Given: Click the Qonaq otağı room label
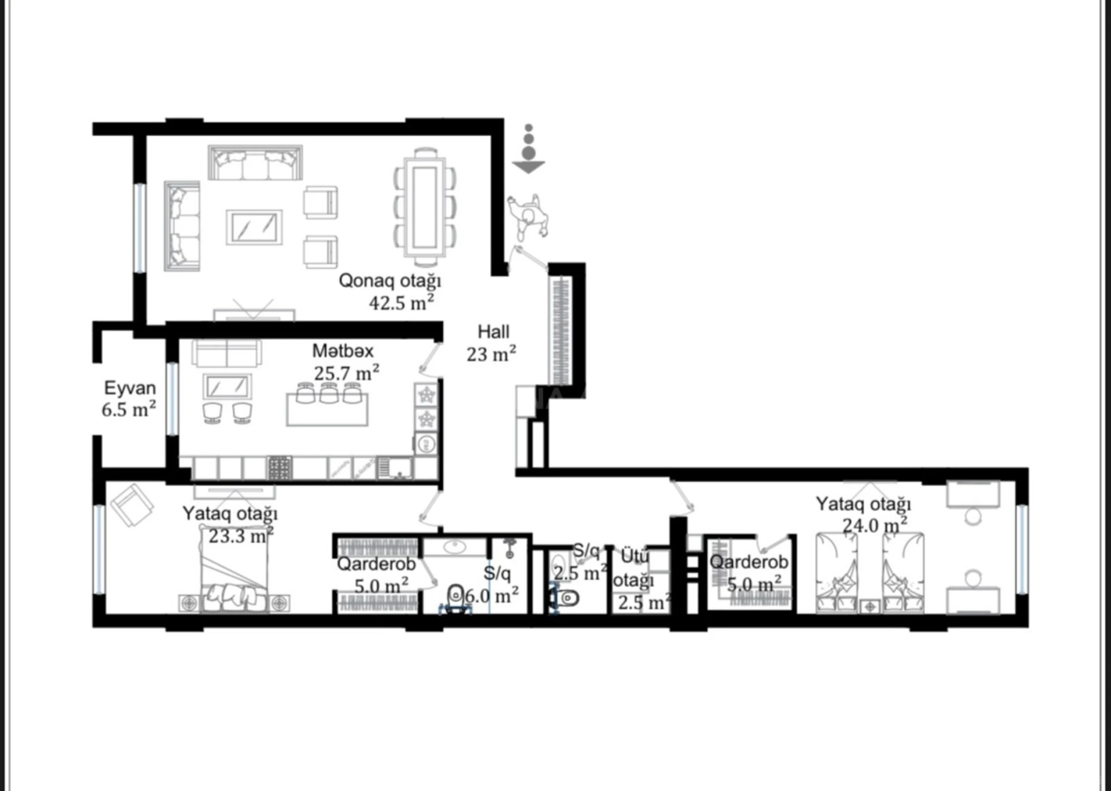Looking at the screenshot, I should tap(390, 281).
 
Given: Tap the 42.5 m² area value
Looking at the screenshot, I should tap(401, 303).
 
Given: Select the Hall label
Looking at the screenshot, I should tap(493, 332).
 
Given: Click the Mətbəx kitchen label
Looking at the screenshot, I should tap(343, 352).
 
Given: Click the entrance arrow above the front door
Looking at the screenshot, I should tap(529, 166).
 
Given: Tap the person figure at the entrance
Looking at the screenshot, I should tap(529, 218).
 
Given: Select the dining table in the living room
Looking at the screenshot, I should tap(425, 207).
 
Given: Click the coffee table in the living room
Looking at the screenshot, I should tap(254, 227).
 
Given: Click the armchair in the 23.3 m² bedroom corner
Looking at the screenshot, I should tap(132, 505).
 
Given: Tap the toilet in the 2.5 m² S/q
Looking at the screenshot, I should tap(566, 598).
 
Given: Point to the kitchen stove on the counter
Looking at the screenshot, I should tap(280, 468).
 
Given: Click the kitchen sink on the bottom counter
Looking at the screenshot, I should tap(394, 468).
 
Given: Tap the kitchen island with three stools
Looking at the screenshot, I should tap(327, 409).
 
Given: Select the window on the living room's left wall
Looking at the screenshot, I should tap(140, 228).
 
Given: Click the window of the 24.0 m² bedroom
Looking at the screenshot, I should tap(1022, 550).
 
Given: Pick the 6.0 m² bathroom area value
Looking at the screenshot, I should tap(491, 596).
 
